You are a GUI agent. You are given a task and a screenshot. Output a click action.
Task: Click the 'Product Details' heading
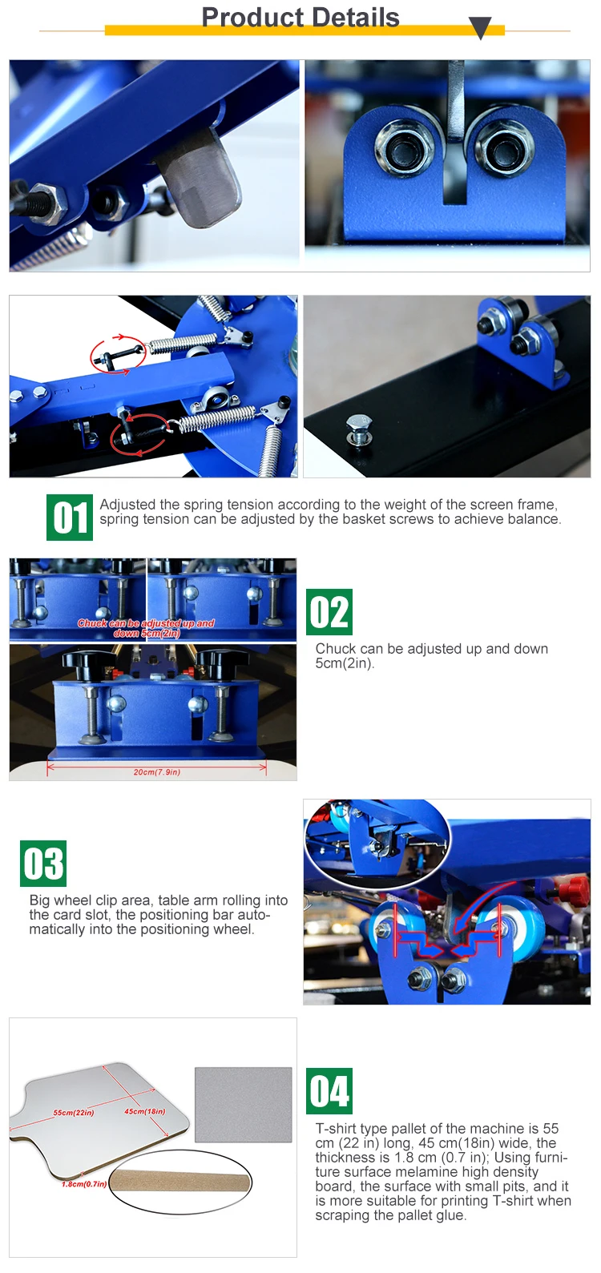click(x=300, y=18)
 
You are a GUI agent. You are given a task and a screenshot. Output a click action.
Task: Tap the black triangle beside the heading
click(x=481, y=26)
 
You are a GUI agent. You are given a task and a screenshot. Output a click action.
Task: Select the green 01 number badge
click(x=70, y=518)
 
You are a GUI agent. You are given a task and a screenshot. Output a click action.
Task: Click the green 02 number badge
click(x=329, y=612)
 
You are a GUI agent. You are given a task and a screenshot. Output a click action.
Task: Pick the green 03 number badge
click(x=43, y=864)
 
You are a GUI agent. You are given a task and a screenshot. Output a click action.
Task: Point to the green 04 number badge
click(x=329, y=1090)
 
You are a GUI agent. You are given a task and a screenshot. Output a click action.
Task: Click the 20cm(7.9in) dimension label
click(x=157, y=771)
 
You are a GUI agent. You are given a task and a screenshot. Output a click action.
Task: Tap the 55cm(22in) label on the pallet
click(x=74, y=1112)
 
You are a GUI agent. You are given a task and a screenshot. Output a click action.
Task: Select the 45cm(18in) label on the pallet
click(x=145, y=1111)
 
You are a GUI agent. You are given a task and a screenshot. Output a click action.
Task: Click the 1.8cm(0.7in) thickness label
click(x=84, y=1184)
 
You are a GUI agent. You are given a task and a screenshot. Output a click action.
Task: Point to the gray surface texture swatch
click(x=244, y=1104)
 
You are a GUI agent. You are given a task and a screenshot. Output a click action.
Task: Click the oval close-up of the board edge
click(x=180, y=1183)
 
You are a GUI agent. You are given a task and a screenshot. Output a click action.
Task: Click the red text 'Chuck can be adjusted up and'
click(x=146, y=622)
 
